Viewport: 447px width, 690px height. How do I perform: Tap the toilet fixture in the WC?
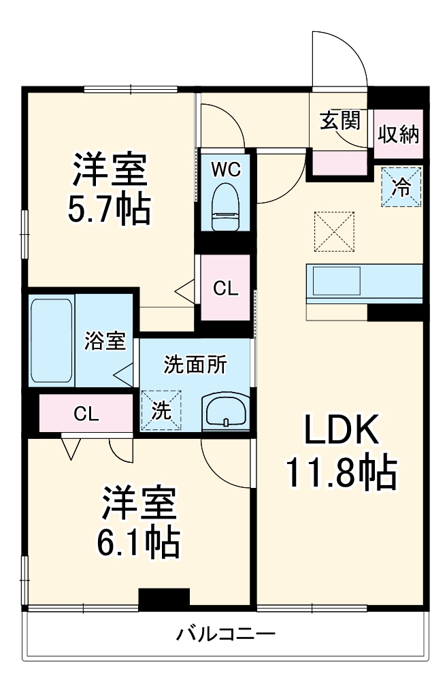pos(224,208)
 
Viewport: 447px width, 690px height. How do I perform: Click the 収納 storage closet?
pos(399,134)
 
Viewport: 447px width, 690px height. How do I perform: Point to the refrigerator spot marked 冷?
pos(401,186)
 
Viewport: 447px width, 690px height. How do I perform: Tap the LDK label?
pos(340,431)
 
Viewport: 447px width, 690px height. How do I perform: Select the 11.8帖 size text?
pos(340,474)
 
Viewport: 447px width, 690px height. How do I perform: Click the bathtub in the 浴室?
pos(51,340)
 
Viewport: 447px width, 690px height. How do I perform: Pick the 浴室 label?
pos(105,340)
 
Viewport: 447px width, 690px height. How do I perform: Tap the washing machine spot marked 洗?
pos(161,410)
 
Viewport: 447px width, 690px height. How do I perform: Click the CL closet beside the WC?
pos(225,289)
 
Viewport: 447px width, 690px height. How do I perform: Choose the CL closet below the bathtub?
pos(86,413)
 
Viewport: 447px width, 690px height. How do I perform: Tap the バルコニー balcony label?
pos(226,635)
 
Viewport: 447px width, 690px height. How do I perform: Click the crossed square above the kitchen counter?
pos(334,231)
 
